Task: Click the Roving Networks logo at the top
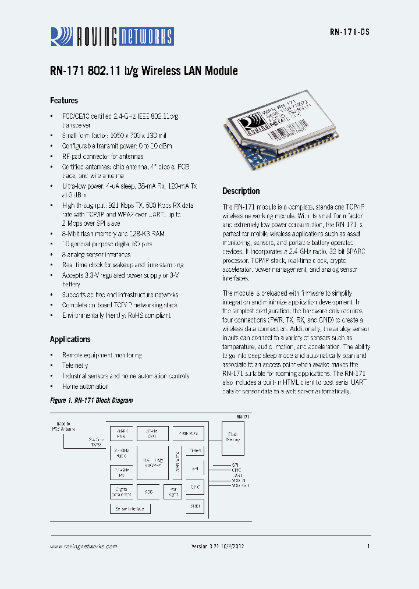tap(112, 36)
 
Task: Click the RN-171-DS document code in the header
tap(349, 33)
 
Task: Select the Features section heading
tap(64, 101)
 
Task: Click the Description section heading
tap(241, 191)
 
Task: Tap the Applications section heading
tap(70, 339)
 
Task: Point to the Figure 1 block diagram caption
tap(91, 400)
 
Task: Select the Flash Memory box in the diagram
tap(233, 437)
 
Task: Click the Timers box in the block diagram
tap(196, 450)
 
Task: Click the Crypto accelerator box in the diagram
tap(121, 492)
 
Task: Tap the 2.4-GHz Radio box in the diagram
tap(121, 453)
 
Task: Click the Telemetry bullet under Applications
tap(75, 366)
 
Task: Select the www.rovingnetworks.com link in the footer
tap(83, 547)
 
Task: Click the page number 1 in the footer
tap(368, 547)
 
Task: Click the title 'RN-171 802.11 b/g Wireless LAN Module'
tap(144, 71)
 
